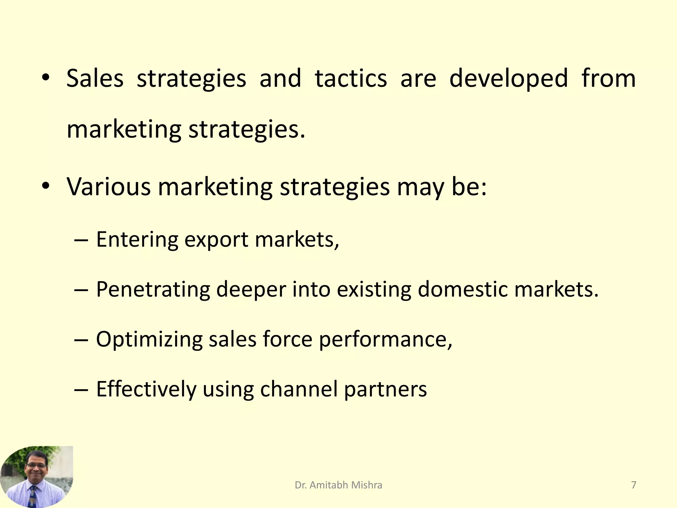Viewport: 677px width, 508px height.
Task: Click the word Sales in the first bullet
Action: tap(95, 78)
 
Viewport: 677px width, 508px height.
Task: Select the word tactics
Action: tap(351, 78)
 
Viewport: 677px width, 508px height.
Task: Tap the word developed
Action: tap(508, 78)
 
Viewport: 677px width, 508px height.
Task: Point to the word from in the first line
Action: tap(609, 78)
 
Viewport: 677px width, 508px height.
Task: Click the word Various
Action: tap(109, 187)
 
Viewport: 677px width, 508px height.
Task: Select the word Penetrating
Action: tap(153, 289)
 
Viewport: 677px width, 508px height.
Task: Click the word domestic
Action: tap(463, 289)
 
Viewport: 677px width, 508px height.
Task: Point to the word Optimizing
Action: tap(149, 340)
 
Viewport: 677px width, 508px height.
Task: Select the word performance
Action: tap(385, 340)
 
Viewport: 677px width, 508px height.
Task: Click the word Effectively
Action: tap(146, 389)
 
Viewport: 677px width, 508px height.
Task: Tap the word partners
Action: tap(385, 390)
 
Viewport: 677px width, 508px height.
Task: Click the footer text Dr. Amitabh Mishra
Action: tap(338, 485)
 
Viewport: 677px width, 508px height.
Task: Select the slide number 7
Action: tap(634, 485)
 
